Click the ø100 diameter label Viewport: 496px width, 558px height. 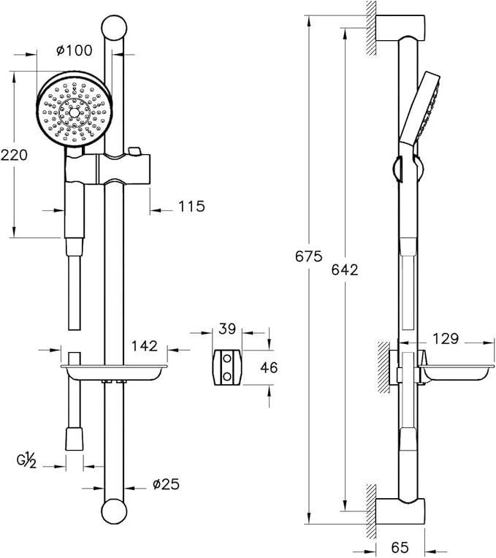[74, 50]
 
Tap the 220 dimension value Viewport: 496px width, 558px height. [14, 155]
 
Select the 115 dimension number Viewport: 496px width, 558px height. [192, 207]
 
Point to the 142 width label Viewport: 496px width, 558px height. [145, 345]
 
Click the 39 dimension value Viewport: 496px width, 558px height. [227, 329]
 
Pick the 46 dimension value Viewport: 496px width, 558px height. [269, 367]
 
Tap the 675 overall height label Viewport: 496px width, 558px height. [308, 256]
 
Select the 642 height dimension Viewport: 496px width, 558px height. [345, 270]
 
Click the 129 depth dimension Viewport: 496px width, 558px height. [446, 338]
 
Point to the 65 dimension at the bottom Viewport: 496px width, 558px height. [400, 547]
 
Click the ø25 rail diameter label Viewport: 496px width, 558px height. [166, 484]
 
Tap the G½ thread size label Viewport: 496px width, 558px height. [27, 461]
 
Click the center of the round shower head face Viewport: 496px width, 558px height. [74, 112]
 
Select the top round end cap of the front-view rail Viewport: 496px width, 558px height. [114, 28]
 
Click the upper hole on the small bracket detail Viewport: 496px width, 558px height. [227, 359]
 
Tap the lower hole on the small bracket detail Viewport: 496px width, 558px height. [227, 375]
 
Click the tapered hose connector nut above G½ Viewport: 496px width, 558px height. [75, 439]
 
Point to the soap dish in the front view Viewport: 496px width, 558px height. [114, 372]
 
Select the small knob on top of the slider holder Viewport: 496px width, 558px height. [134, 151]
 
